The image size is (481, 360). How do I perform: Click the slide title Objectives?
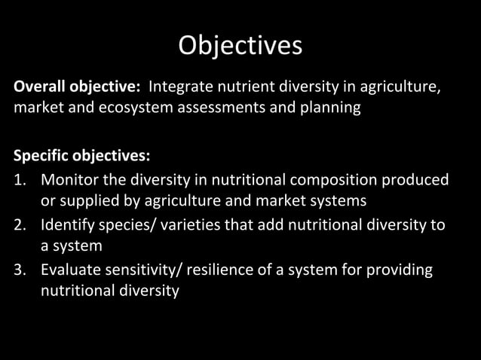pos(240,46)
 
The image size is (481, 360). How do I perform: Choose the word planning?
pos(329,108)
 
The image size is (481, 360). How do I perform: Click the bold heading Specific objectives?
pos(81,156)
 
